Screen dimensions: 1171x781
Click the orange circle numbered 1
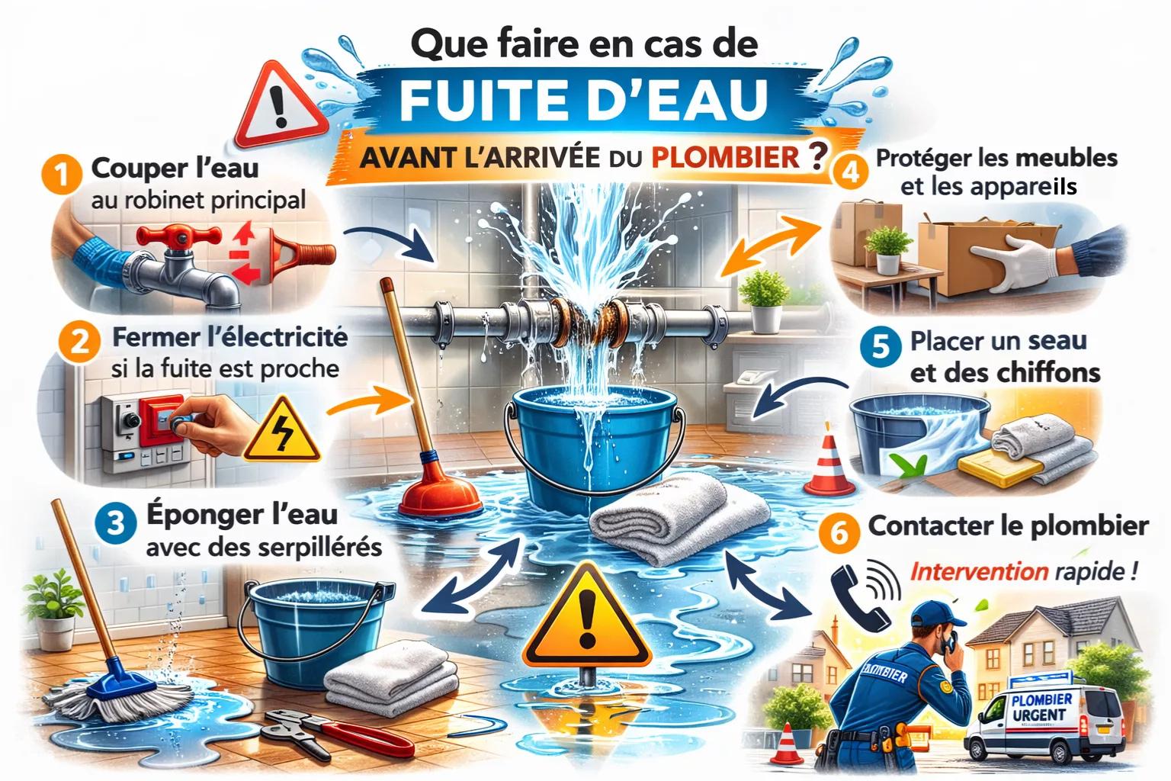62,174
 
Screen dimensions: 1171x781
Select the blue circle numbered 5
881,346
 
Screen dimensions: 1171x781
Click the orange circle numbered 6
839,533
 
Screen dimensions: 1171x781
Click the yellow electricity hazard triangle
282,431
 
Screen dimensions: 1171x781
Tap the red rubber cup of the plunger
440,493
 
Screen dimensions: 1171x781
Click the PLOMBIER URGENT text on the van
1041,707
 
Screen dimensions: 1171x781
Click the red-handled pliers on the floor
340,732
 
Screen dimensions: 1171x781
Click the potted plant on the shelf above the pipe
765,301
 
